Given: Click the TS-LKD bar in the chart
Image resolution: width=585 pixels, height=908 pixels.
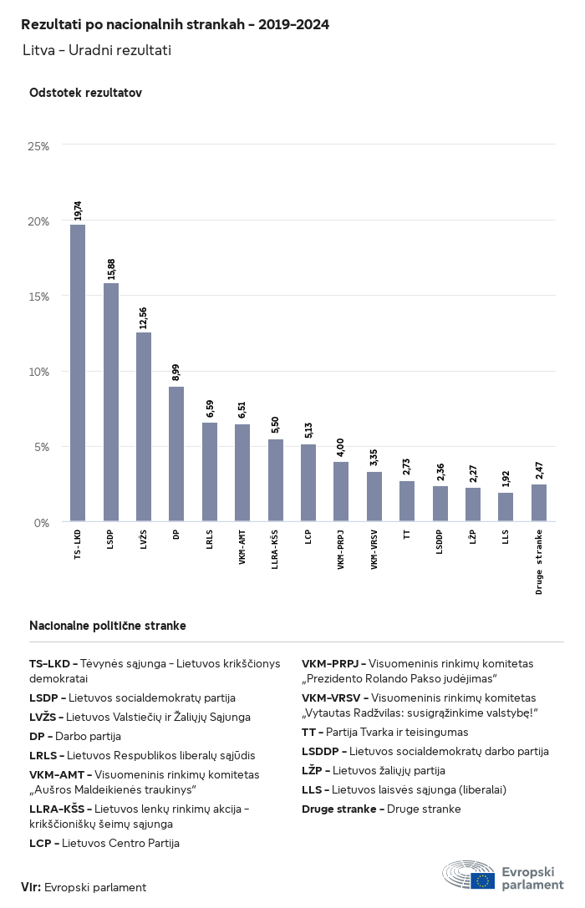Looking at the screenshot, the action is click(x=78, y=373).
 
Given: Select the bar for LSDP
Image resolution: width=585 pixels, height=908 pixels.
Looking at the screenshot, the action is click(x=110, y=402).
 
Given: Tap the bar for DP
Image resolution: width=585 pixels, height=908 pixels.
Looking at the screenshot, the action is click(x=176, y=454).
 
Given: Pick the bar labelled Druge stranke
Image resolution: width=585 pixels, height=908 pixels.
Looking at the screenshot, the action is click(x=539, y=503).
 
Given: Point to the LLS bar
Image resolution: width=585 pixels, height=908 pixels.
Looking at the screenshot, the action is click(x=506, y=507).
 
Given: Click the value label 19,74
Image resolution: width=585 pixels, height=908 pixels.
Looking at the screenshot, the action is click(x=78, y=211).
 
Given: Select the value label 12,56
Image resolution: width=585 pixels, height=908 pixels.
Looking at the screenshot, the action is click(x=143, y=318).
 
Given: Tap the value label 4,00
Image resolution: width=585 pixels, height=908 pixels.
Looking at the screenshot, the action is click(x=341, y=449).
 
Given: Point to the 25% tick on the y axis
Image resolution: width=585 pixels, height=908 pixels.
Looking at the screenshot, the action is click(x=38, y=146).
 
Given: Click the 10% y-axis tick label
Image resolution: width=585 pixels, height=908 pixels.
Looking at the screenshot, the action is click(x=38, y=372).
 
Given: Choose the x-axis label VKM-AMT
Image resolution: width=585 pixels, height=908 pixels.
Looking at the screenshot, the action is click(x=242, y=547).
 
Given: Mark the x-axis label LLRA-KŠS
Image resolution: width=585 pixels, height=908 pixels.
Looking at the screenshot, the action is click(x=275, y=550).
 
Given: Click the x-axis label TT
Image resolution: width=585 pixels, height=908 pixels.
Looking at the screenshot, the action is click(x=407, y=535).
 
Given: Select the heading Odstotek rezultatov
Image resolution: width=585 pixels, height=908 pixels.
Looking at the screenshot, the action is click(x=86, y=93).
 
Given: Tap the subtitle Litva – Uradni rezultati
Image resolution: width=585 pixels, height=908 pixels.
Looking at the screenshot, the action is click(x=97, y=50).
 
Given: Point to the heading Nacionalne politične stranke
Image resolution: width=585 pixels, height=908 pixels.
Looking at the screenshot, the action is click(x=108, y=626).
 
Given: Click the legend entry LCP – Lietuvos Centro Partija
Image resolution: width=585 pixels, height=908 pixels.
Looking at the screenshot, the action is click(x=104, y=843).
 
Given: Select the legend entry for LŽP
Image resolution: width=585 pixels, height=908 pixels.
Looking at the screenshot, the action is click(x=374, y=771).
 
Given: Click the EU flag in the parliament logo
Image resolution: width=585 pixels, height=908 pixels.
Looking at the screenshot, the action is click(x=482, y=881).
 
